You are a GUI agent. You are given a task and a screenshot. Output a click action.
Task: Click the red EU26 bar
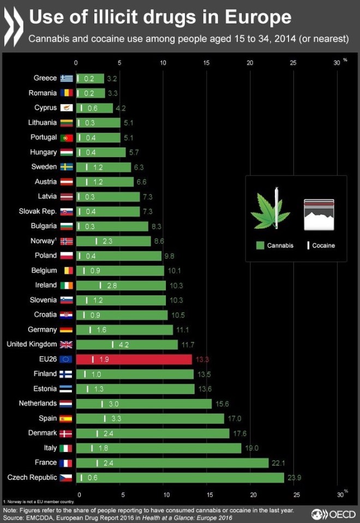pyautogui.click(x=134, y=359)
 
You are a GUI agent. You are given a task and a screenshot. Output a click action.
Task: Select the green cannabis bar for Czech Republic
pyautogui.click(x=180, y=478)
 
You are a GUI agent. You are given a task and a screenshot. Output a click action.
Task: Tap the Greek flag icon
pyautogui.click(x=67, y=78)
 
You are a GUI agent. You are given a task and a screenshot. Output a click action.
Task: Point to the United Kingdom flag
pyautogui.click(x=66, y=344)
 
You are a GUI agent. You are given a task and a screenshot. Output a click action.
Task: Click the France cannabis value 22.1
pyautogui.click(x=278, y=463)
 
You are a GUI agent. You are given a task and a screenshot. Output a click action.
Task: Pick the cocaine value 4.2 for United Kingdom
pyautogui.click(x=124, y=344)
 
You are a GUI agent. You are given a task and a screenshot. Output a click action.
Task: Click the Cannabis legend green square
pyautogui.click(x=260, y=246)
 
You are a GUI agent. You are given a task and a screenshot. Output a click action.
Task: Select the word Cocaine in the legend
pyautogui.click(x=323, y=246)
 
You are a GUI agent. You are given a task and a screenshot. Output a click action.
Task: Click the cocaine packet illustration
pyautogui.click(x=319, y=213)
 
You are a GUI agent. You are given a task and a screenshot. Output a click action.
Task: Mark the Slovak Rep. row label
pyautogui.click(x=38, y=211)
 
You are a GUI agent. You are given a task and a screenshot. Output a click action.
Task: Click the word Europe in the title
pyautogui.click(x=260, y=17)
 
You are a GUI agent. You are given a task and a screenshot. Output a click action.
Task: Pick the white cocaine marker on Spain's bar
pyautogui.click(x=105, y=418)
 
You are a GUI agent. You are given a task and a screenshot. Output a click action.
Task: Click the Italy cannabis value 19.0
pyautogui.click(x=251, y=448)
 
